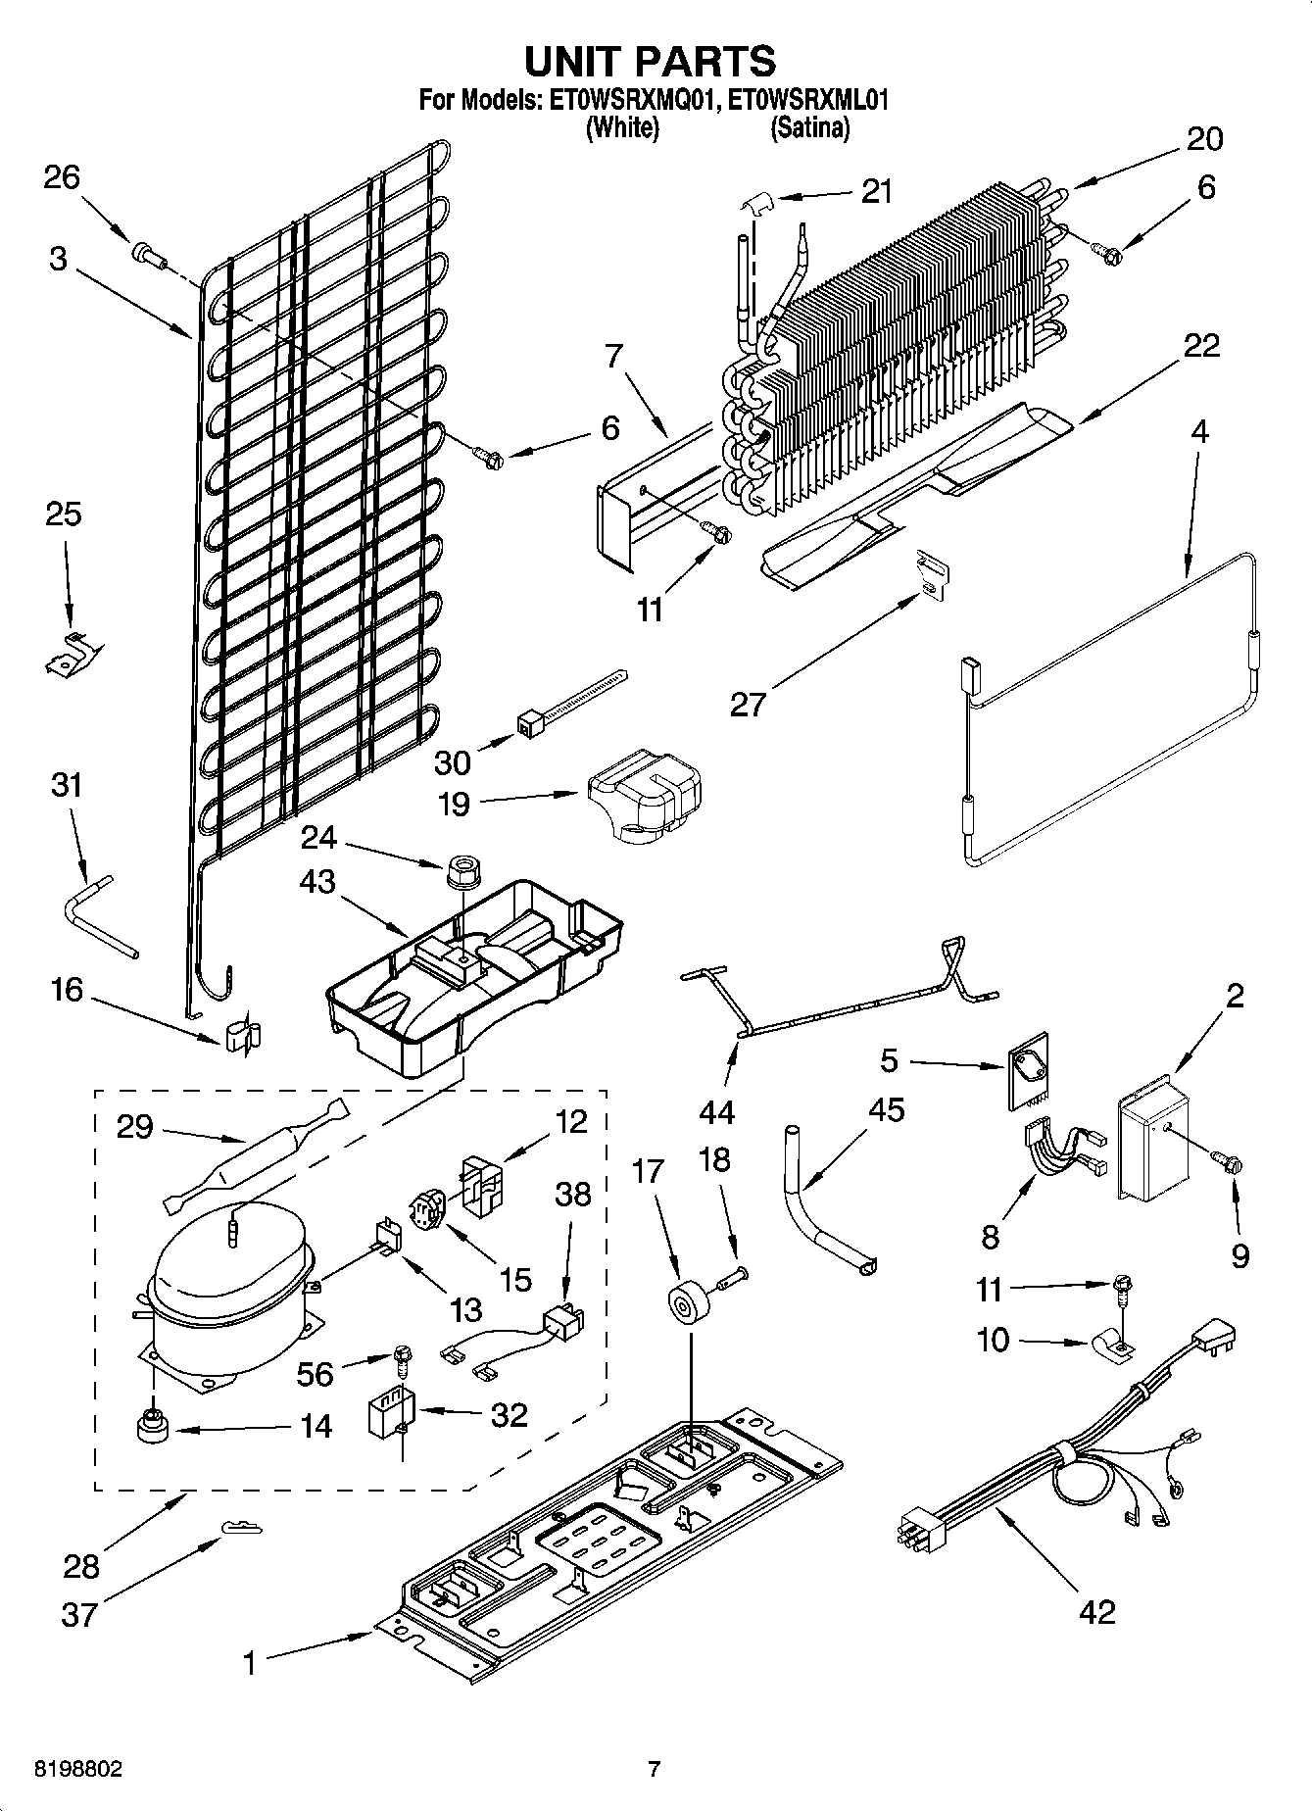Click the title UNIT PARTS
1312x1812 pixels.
pos(651,61)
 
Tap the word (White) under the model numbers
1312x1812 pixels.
pos(621,127)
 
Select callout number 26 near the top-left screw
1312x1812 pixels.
pos(61,178)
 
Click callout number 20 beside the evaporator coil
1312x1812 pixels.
pos(1204,139)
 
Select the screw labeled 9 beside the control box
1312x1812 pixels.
pos(1227,1163)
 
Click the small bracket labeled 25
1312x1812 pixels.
pos(71,654)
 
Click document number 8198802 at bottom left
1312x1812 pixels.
pos(78,1770)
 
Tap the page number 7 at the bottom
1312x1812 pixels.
pos(655,1770)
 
